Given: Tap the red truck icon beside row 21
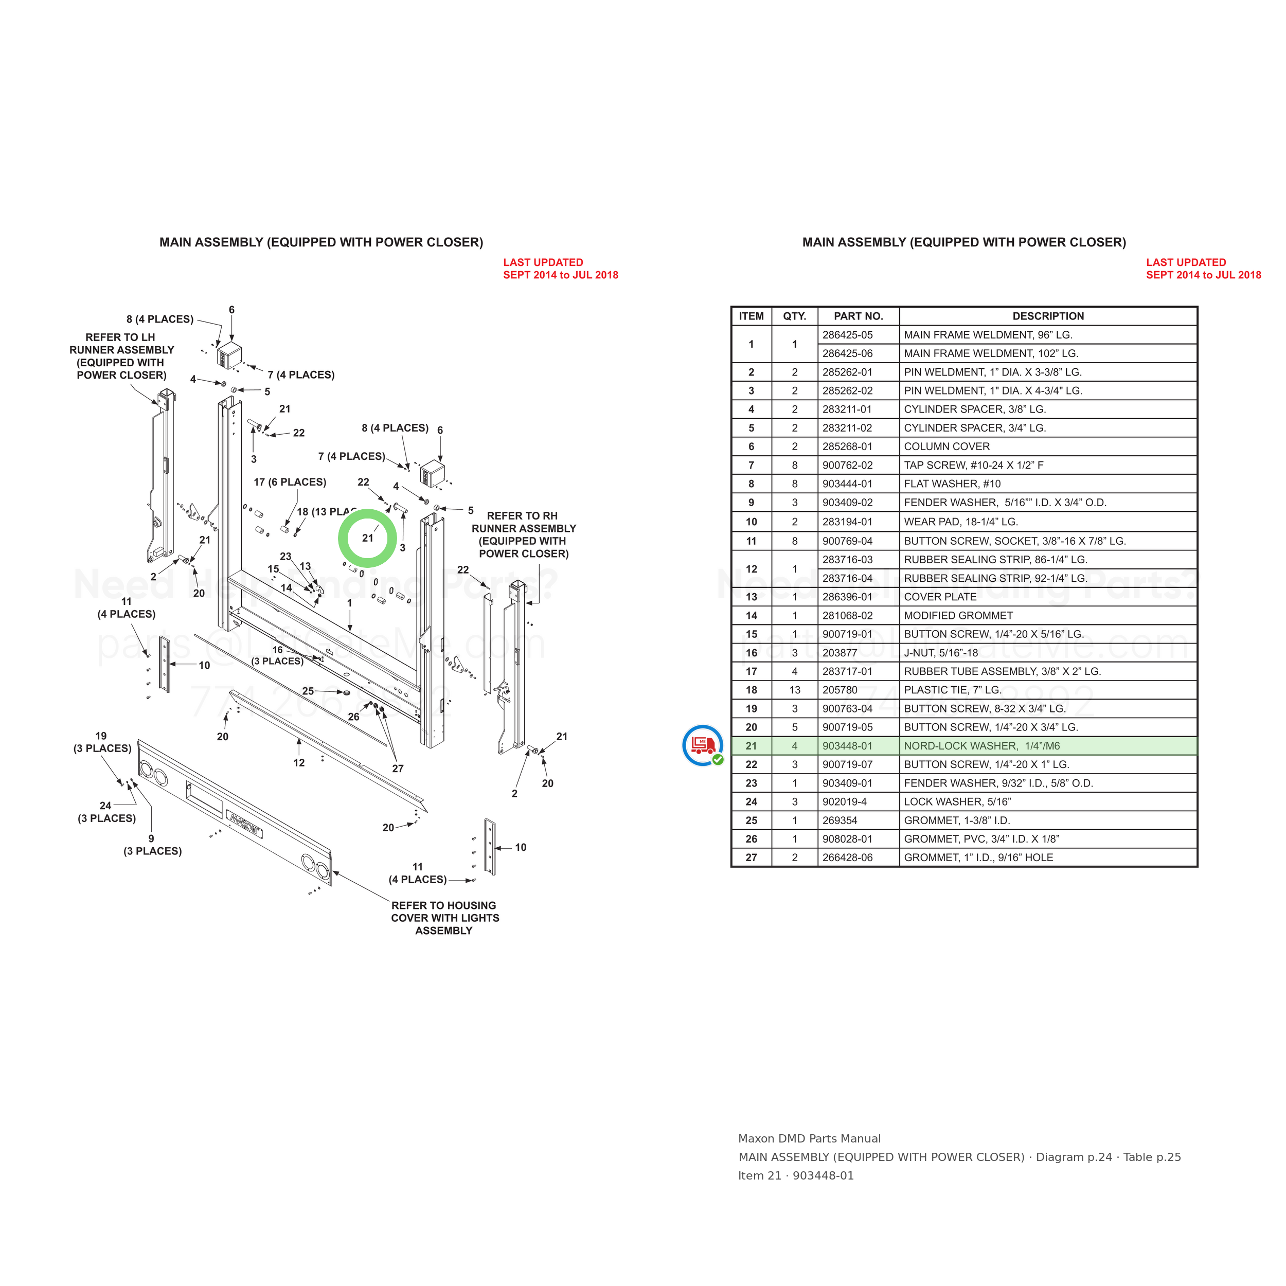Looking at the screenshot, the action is pyautogui.click(x=703, y=745).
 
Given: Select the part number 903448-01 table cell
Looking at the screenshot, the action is pyautogui.click(x=858, y=745).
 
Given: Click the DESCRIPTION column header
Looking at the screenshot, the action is pyautogui.click(x=1048, y=316).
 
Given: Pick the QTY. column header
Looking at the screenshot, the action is pyautogui.click(x=794, y=316).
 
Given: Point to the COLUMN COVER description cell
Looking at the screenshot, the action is pyautogui.click(x=1048, y=446).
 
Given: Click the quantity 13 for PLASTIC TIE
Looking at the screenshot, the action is pyautogui.click(x=794, y=690).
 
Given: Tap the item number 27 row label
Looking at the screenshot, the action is pyautogui.click(x=751, y=858).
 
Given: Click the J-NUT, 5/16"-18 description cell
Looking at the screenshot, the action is pyautogui.click(x=1048, y=652).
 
